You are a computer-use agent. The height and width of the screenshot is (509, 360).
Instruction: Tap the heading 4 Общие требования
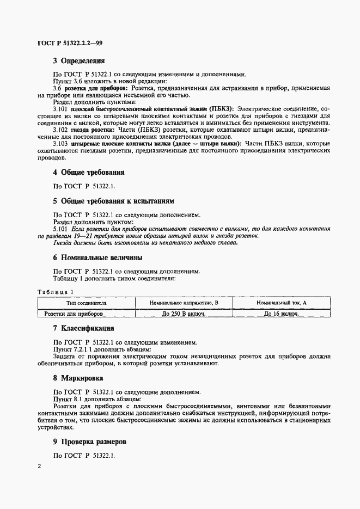89,173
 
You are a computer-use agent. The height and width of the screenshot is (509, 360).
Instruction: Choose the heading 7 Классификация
83,329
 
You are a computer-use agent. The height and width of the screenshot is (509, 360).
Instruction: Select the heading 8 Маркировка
80,378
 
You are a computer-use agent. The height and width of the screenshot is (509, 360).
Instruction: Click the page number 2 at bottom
39,467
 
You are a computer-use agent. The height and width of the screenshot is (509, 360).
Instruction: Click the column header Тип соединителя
86,303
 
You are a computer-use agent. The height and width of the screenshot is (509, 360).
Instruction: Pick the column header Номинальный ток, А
282,303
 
